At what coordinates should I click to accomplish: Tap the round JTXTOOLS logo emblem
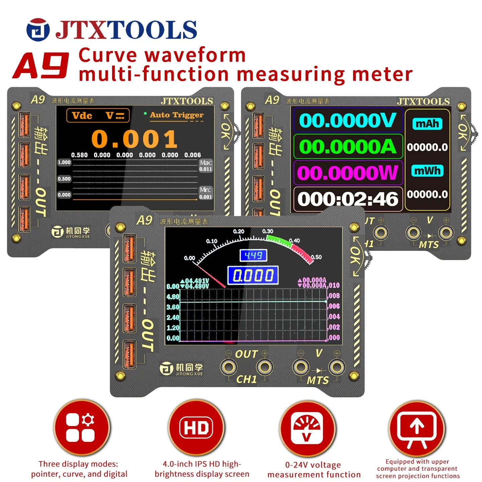coord(38,30)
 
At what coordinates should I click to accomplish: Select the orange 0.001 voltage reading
coord(134,139)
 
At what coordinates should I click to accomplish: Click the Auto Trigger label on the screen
coord(176,115)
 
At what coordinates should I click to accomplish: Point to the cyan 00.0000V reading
coord(347,120)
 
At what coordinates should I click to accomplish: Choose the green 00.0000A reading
coord(347,147)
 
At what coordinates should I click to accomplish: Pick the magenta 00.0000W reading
coord(347,173)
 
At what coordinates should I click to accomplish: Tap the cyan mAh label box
coord(427,124)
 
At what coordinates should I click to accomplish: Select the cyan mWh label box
coord(427,171)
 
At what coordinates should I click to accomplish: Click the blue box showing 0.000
coord(253,275)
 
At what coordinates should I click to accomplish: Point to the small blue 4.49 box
coord(253,256)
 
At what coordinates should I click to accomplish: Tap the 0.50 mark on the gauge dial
coord(316,257)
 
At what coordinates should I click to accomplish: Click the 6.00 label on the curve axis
coord(173,287)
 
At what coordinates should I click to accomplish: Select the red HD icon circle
coord(196,428)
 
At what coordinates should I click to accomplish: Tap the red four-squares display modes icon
coord(81,428)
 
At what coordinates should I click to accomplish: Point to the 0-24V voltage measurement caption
coord(314,470)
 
